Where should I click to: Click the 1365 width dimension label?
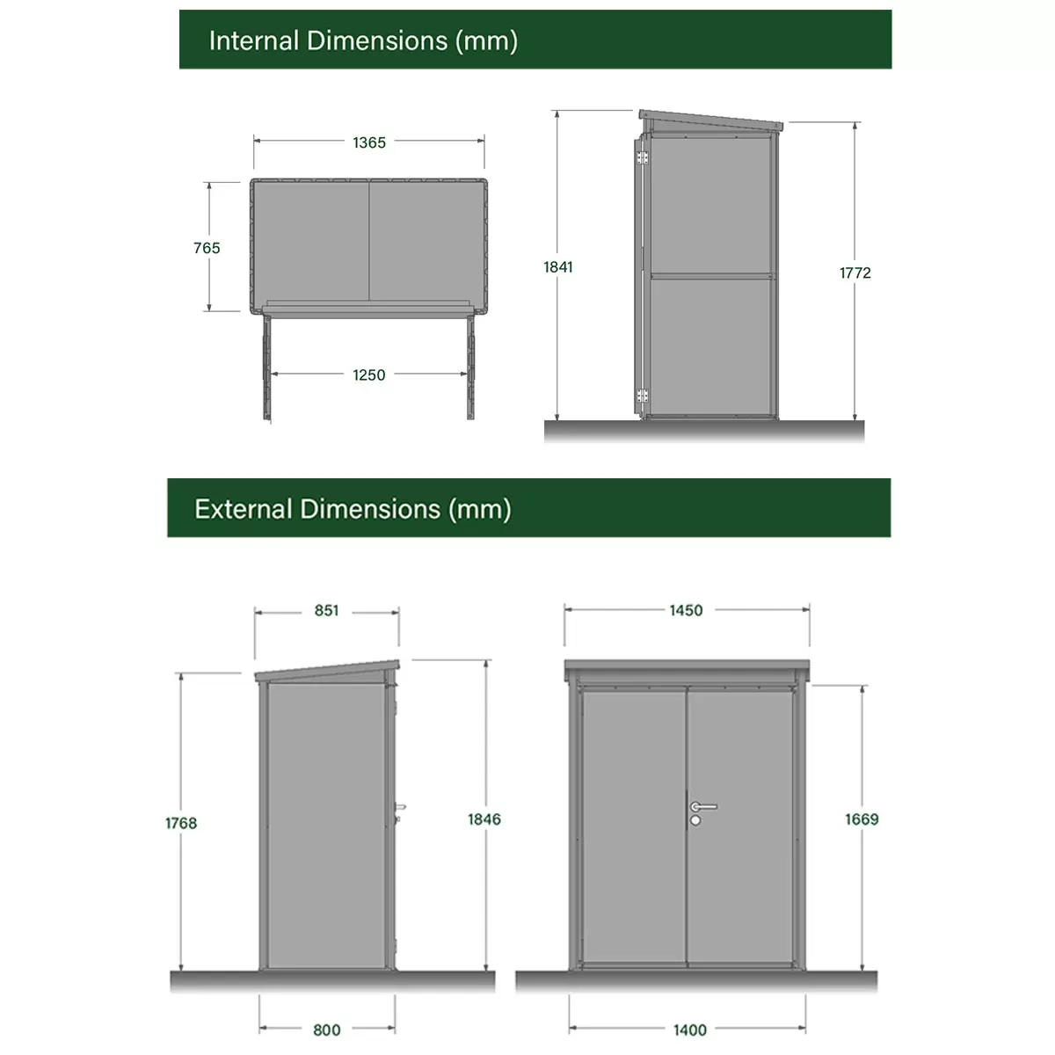coord(369,142)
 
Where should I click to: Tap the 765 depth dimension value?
coord(207,248)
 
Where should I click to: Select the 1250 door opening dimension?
coord(369,375)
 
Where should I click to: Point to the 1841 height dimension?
coord(558,267)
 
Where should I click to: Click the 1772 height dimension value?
coord(855,273)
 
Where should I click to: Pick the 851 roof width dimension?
coord(326,610)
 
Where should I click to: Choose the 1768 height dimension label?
coord(181,823)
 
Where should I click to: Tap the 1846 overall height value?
coord(484,819)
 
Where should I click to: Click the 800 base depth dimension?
coord(327,1030)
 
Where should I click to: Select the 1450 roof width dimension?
coord(686,610)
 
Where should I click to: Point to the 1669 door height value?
coord(862,819)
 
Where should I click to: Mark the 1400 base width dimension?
coord(690,1030)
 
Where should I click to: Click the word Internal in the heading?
coord(253,41)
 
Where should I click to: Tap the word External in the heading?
coord(243,509)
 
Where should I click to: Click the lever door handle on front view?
coord(703,806)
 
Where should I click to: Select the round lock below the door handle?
coord(695,820)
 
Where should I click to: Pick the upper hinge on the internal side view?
coord(642,157)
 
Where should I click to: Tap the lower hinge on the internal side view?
coord(642,396)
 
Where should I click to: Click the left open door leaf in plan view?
coord(266,367)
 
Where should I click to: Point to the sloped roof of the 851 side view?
coord(327,672)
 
